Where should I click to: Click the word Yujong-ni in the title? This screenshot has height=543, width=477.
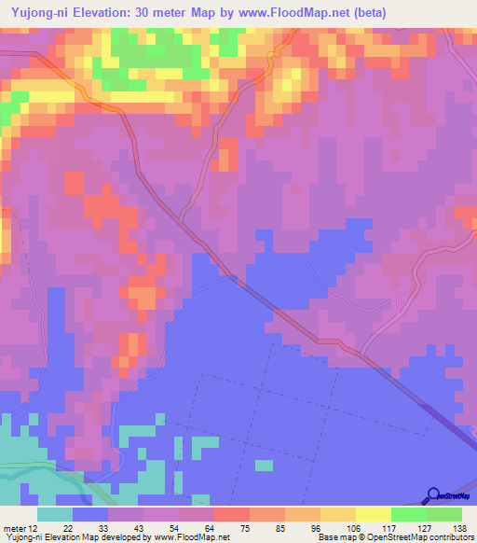[x=39, y=12]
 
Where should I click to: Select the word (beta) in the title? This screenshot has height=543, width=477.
[x=367, y=12]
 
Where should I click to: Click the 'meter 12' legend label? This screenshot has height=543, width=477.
[x=20, y=527]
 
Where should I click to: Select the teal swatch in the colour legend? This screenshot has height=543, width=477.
[x=55, y=514]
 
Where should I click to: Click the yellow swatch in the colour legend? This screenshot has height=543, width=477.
[x=374, y=514]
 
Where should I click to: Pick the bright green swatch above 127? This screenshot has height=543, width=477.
[x=409, y=514]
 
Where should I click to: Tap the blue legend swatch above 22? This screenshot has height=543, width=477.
[x=90, y=514]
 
